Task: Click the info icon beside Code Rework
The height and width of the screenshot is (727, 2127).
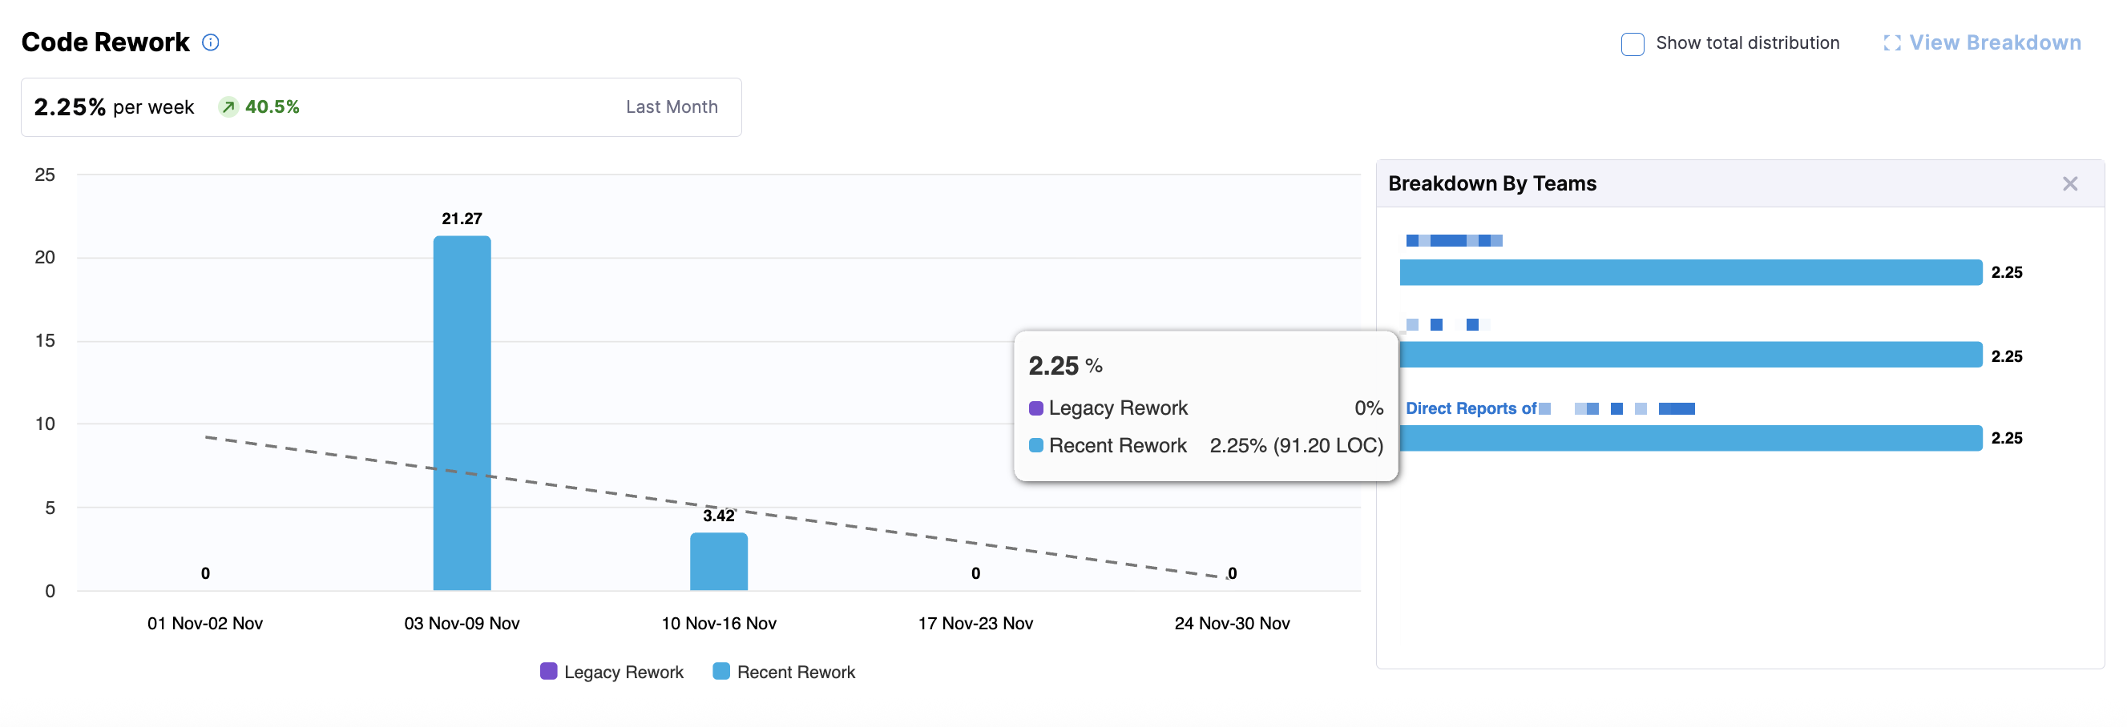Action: click(211, 42)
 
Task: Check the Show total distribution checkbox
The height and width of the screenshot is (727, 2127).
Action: click(1632, 44)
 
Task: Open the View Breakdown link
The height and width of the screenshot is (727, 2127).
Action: click(1983, 43)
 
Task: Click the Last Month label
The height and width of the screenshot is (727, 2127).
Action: click(672, 106)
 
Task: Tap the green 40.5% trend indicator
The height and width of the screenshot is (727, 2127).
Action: click(260, 106)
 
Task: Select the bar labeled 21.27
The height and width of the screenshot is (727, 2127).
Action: click(462, 412)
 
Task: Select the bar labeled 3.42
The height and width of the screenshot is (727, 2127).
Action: click(718, 561)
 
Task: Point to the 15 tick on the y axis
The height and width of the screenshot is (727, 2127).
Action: click(46, 341)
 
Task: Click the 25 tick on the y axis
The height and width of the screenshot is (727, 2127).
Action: click(46, 175)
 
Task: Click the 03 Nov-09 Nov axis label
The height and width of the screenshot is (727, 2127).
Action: click(462, 623)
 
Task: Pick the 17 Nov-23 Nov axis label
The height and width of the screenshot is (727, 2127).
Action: click(975, 623)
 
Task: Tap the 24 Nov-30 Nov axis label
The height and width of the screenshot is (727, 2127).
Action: click(1232, 623)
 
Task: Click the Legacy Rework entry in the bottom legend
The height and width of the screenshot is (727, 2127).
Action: click(611, 672)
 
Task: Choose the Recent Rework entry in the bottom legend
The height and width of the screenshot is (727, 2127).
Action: click(785, 672)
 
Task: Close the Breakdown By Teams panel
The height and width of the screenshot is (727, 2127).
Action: click(2069, 183)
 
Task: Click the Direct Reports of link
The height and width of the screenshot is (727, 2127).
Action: click(1471, 408)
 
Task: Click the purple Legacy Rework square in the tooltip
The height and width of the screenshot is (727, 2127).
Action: click(1035, 408)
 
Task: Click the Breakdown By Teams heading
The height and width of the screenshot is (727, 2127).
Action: click(1492, 183)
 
